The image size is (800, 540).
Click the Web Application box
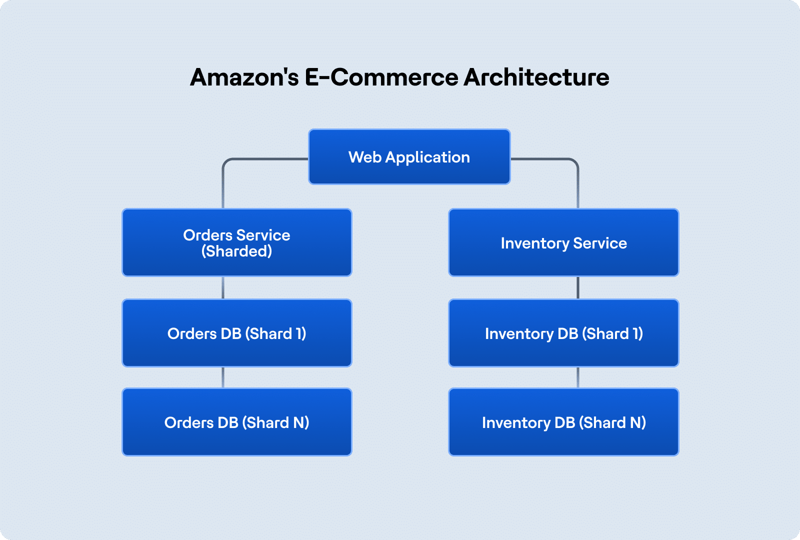[x=409, y=157]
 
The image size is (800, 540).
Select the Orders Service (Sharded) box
[x=236, y=242]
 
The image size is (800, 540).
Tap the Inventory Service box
[x=563, y=242]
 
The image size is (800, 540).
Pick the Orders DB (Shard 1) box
[x=236, y=333]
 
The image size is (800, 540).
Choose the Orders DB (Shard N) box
[x=236, y=422]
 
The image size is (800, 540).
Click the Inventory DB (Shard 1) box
[x=563, y=333]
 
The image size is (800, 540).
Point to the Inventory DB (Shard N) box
[x=563, y=422]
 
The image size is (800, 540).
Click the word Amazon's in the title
[x=244, y=77]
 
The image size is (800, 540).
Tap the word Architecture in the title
[x=536, y=77]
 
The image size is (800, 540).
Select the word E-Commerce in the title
[x=381, y=77]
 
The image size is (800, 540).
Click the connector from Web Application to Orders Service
[x=223, y=180]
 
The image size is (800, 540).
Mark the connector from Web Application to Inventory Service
[x=578, y=180]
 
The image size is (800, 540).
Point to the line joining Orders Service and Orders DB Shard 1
[x=223, y=287]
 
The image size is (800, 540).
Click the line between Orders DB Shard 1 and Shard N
[x=223, y=377]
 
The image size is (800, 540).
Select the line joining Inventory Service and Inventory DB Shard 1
[x=578, y=287]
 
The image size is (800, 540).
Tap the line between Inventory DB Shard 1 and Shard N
[x=578, y=377]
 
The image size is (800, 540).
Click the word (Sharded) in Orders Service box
[x=236, y=251]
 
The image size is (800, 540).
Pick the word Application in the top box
[x=427, y=157]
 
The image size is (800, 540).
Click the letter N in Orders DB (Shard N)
[x=300, y=422]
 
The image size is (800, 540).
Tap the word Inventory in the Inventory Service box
[x=534, y=243]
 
